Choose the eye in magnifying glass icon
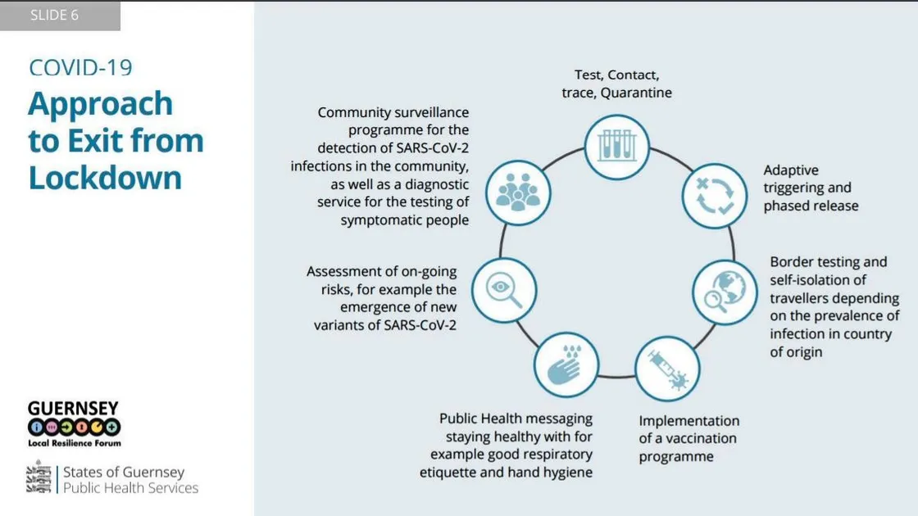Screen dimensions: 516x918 [504, 290]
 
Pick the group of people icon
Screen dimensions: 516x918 [518, 192]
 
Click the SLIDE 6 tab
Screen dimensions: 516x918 [55, 16]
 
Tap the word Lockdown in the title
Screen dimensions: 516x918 [105, 177]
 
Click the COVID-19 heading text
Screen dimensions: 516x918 [80, 68]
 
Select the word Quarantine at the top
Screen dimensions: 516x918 [636, 93]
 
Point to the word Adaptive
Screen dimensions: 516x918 [791, 170]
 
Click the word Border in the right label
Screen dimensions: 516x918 [792, 262]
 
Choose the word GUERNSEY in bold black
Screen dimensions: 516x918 [73, 408]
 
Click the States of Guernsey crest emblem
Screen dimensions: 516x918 [39, 478]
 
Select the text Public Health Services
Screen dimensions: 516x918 [131, 487]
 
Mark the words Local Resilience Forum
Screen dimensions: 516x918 [75, 443]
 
